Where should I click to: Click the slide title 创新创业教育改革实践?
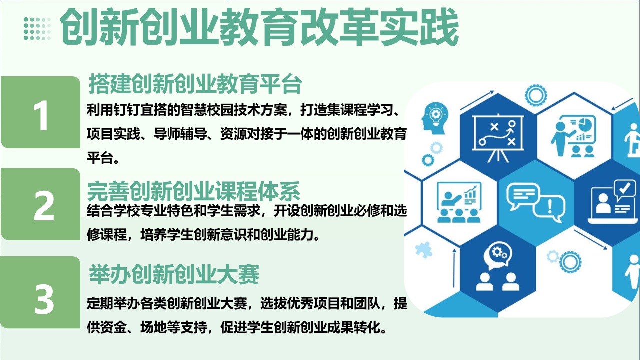tap(259, 27)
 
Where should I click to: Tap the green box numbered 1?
tap(41, 112)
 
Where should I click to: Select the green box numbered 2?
tap(41, 204)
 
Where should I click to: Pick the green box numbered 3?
tap(40, 292)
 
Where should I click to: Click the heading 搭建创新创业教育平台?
tap(195, 84)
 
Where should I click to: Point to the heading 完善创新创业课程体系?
tap(193, 191)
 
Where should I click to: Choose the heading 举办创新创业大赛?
tap(174, 274)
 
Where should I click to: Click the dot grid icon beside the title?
tap(37, 29)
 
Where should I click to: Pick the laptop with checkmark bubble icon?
tap(613, 202)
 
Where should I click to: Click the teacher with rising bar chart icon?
tap(459, 202)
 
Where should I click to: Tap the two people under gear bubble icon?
tap(497, 266)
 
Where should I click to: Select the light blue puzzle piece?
tap(423, 250)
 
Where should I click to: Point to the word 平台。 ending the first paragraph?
tap(103, 158)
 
